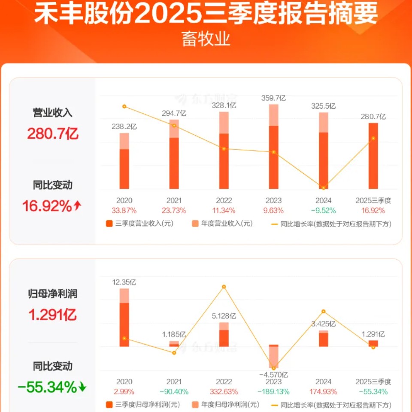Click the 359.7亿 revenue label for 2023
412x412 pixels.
[273, 98]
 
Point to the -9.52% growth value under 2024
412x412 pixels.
[323, 210]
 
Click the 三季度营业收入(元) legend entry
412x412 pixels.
[139, 224]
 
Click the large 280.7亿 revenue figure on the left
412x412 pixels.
[53, 134]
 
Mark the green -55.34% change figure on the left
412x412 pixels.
[47, 388]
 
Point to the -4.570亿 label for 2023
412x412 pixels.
[273, 374]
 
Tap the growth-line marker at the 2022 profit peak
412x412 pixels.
[224, 287]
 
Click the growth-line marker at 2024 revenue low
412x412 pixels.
[323, 188]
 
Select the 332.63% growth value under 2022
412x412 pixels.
[224, 391]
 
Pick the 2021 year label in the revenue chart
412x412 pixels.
[174, 200]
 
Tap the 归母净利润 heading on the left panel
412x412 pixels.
[53, 294]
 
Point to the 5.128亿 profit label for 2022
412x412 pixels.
[224, 316]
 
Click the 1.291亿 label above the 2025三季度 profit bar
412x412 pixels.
[373, 334]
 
